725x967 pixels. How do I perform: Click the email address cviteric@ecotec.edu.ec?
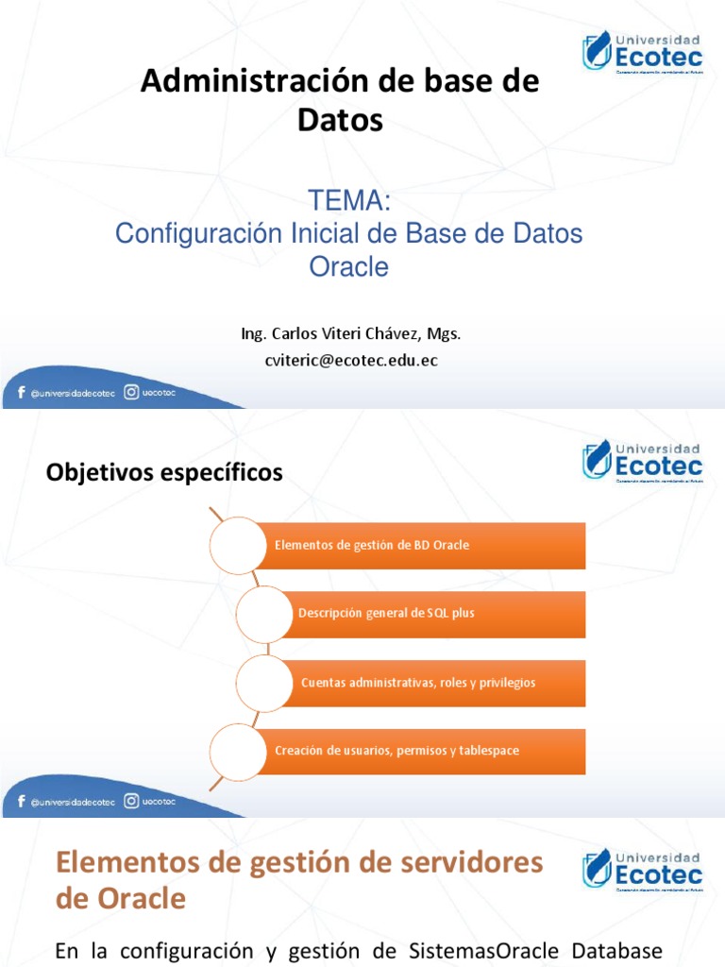[351, 360]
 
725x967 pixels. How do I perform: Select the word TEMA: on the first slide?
[349, 201]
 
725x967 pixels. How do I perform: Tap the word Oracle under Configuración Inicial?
[349, 267]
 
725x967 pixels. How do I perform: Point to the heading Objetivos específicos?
[164, 473]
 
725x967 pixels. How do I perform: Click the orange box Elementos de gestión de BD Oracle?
[420, 546]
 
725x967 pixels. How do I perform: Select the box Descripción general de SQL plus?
[438, 614]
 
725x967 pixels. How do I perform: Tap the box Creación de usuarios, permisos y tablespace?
[420, 751]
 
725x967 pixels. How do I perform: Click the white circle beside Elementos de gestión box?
[237, 546]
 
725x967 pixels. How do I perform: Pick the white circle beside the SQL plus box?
[264, 614]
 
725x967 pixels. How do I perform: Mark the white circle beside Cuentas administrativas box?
[264, 682]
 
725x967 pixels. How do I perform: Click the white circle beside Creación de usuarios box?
[237, 751]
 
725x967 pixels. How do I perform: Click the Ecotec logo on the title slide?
[642, 52]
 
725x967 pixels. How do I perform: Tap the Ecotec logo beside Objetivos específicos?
[642, 460]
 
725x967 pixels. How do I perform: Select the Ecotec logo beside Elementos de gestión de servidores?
[642, 869]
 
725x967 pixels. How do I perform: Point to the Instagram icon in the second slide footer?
[132, 801]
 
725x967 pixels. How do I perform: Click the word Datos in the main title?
[340, 120]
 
